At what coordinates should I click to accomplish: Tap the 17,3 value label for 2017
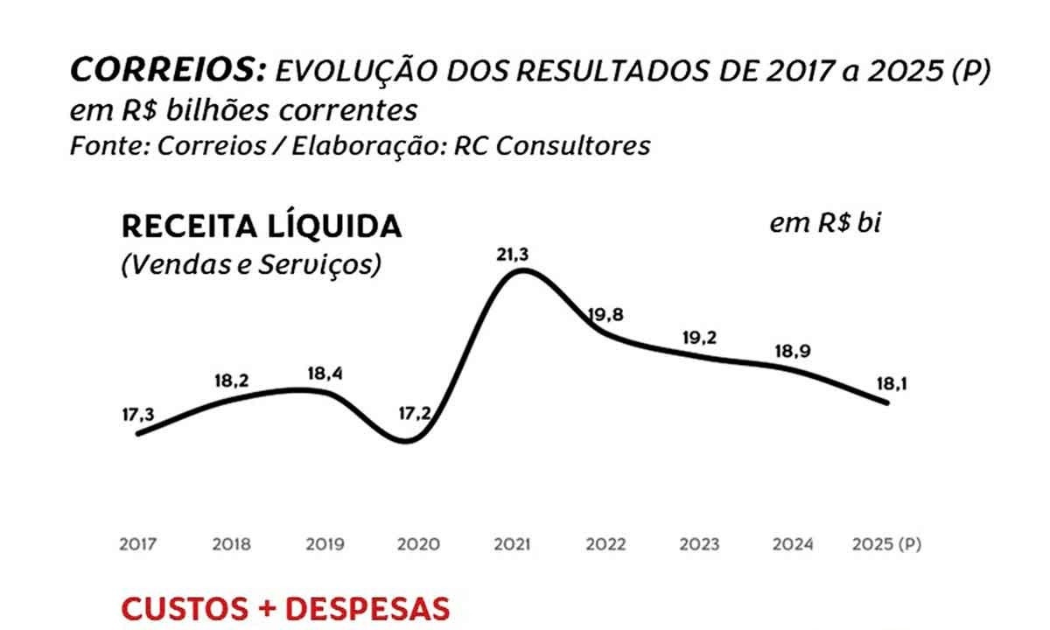pyautogui.click(x=138, y=415)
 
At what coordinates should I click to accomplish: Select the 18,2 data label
pyautogui.click(x=233, y=382)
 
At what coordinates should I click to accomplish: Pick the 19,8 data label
pyautogui.click(x=605, y=316)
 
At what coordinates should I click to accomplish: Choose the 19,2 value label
pyautogui.click(x=698, y=338)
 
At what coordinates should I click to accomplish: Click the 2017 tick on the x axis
pyautogui.click(x=138, y=544)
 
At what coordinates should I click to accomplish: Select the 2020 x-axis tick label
pyautogui.click(x=418, y=544)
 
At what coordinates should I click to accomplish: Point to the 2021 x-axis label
pyautogui.click(x=512, y=544)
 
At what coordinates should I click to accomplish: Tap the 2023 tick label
pyautogui.click(x=698, y=544)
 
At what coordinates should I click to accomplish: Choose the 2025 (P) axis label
pyautogui.click(x=886, y=544)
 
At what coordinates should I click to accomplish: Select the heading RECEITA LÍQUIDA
pyautogui.click(x=262, y=227)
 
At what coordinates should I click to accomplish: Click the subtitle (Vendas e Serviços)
pyautogui.click(x=250, y=265)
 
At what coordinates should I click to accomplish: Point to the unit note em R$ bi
pyautogui.click(x=824, y=224)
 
